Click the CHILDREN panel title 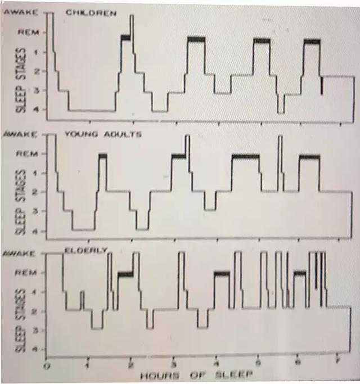point(91,12)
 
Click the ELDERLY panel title point(85,250)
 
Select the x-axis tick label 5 point(258,363)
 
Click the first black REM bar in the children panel point(125,38)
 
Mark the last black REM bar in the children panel point(312,41)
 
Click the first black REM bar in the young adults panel point(102,156)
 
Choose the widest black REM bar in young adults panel point(246,156)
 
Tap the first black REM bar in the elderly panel point(125,274)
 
